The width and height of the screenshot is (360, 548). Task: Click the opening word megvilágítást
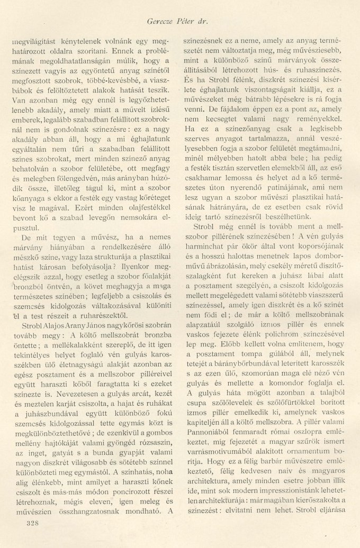tap(35, 40)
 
